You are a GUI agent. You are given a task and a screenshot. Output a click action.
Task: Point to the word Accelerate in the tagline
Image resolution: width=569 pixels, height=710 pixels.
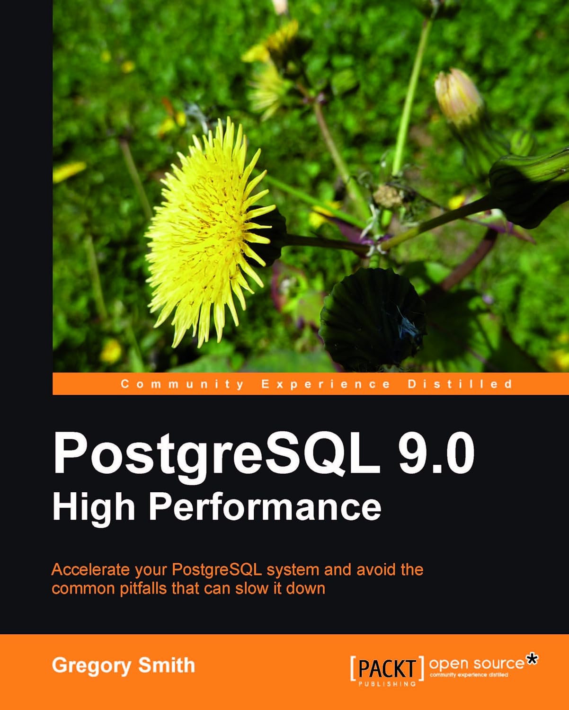coord(90,569)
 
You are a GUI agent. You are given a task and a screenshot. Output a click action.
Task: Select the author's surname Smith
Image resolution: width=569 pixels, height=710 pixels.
coord(166,665)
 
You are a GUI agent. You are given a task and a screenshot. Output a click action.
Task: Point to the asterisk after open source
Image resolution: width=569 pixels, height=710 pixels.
coord(532,659)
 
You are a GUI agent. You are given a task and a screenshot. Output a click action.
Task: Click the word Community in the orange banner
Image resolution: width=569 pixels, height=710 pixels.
coord(182,384)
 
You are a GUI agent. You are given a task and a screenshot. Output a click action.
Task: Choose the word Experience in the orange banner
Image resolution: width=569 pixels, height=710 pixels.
coord(326,384)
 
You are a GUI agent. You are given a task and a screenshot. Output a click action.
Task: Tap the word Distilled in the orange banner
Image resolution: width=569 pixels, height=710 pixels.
coord(460,384)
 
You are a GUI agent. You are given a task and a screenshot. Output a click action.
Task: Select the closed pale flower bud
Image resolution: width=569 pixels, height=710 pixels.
coord(458,97)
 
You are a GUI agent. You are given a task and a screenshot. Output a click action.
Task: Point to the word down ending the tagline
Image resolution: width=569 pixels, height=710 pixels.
coord(306,588)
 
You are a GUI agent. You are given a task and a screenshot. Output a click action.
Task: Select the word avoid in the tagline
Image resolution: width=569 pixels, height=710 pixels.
coord(377,569)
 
